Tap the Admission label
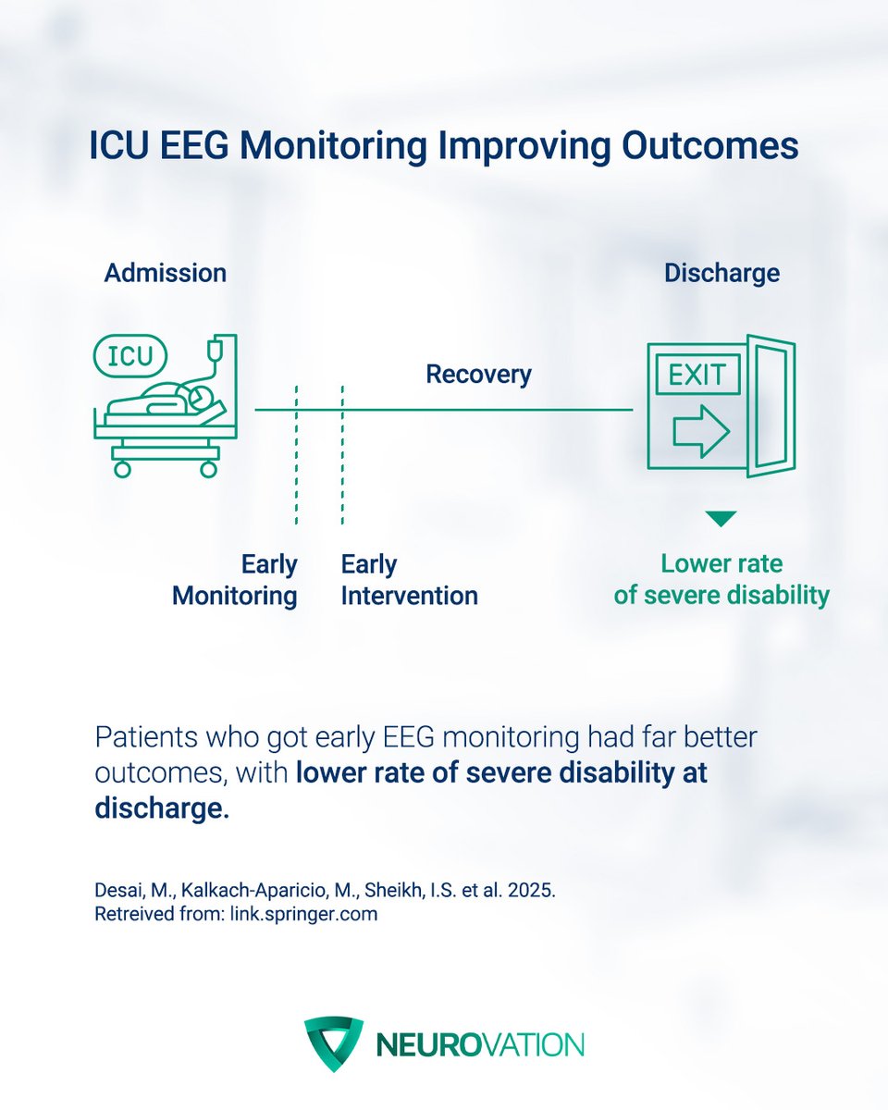pyautogui.click(x=165, y=273)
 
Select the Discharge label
pyautogui.click(x=721, y=273)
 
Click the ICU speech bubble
pyautogui.click(x=130, y=355)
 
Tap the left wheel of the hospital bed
pyautogui.click(x=122, y=469)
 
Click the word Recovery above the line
pyautogui.click(x=478, y=375)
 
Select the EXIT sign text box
pyautogui.click(x=697, y=376)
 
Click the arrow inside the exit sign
pyautogui.click(x=700, y=431)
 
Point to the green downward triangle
pyautogui.click(x=721, y=519)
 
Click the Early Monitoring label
pyautogui.click(x=236, y=580)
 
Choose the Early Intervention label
pyautogui.click(x=409, y=580)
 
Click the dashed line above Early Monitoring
pyautogui.click(x=297, y=453)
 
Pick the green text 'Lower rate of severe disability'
pyautogui.click(x=721, y=580)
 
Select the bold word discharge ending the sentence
pyautogui.click(x=160, y=807)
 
